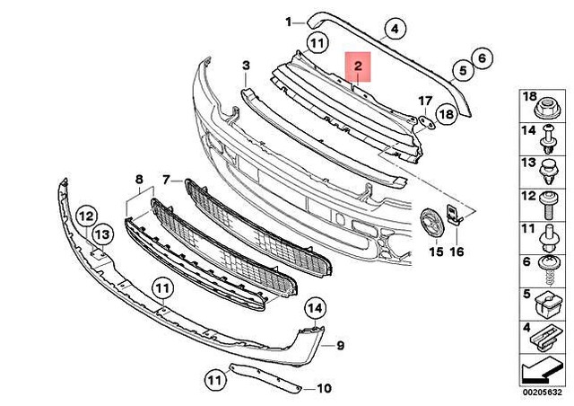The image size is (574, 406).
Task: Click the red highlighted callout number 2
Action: tap(357, 66)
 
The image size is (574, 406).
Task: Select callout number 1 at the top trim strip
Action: tap(289, 22)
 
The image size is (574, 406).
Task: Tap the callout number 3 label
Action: tap(245, 66)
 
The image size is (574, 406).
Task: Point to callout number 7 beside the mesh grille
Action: tap(167, 180)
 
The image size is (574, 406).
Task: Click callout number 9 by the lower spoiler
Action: tap(340, 345)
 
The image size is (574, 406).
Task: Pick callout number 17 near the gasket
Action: tap(425, 100)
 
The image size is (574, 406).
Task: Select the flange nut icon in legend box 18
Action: tap(545, 109)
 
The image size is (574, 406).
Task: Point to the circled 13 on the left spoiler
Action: tap(101, 234)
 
